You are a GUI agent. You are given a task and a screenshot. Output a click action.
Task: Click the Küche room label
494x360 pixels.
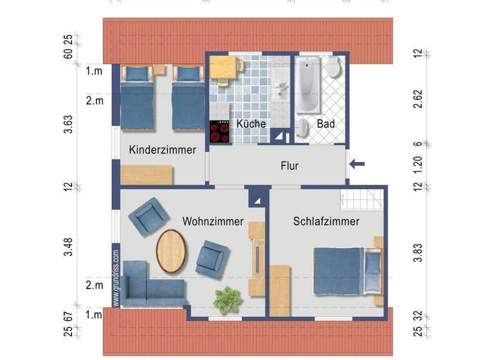click(250, 123)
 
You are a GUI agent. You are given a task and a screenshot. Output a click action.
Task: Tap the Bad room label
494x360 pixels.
click(325, 123)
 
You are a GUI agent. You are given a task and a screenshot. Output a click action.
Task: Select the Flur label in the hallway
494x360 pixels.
click(289, 166)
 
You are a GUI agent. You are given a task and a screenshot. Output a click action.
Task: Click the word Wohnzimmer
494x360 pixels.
click(213, 222)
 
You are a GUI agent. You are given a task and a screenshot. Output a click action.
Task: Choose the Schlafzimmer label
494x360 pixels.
click(325, 222)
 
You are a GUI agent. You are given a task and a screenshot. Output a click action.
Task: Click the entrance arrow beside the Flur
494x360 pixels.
click(357, 165)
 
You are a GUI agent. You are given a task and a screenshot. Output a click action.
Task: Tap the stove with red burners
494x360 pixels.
click(219, 131)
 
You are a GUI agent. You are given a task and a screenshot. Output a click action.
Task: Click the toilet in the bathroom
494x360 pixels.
click(333, 67)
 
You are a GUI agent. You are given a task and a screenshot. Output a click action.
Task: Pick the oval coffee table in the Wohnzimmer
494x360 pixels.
click(172, 251)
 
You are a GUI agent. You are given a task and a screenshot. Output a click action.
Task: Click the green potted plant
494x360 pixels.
click(228, 299)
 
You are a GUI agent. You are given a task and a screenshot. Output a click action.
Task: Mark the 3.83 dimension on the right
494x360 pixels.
click(417, 253)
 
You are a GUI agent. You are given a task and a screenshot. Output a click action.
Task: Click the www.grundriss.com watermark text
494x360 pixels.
click(116, 278)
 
